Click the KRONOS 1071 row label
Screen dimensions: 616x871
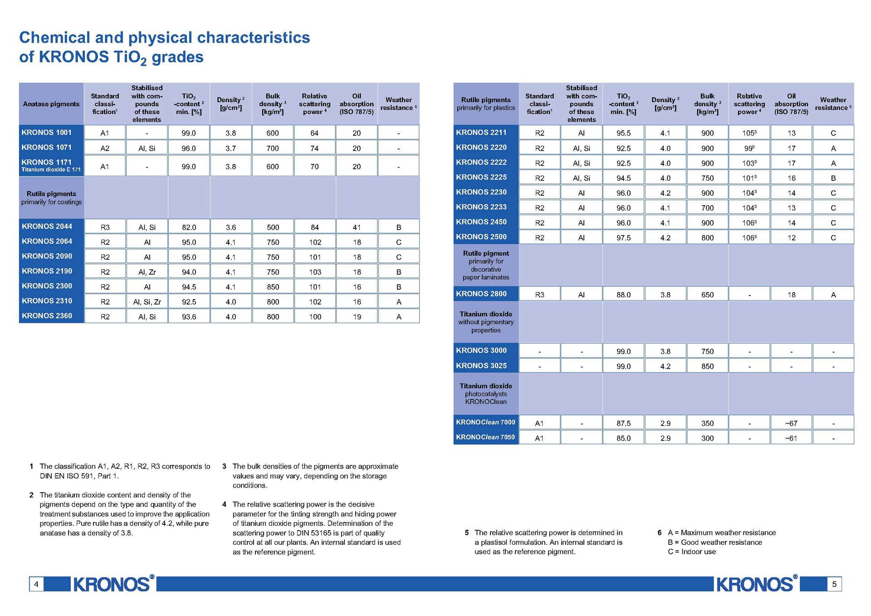(x=47, y=148)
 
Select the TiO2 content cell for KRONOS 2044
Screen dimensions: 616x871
(x=189, y=227)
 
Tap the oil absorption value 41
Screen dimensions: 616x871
(x=357, y=227)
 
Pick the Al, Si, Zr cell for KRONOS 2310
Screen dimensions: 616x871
(x=147, y=302)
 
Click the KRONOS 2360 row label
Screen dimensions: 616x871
(x=47, y=316)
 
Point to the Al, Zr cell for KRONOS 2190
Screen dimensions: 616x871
(x=147, y=272)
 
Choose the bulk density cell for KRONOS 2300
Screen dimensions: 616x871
(x=273, y=287)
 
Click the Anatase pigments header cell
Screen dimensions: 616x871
(x=51, y=104)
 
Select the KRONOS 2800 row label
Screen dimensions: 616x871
(x=481, y=294)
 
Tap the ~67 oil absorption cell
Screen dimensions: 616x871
(x=791, y=423)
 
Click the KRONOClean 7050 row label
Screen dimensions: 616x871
(x=485, y=437)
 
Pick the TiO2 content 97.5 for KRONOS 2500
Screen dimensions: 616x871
(x=623, y=237)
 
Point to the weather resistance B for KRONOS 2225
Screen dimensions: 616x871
(x=833, y=178)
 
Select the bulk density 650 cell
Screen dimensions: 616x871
(x=707, y=295)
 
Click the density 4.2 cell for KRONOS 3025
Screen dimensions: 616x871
(x=665, y=366)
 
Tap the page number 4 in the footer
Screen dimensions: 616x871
(x=36, y=584)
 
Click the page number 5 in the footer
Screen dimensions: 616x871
(x=834, y=584)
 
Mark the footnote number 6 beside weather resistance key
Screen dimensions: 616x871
(x=660, y=532)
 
